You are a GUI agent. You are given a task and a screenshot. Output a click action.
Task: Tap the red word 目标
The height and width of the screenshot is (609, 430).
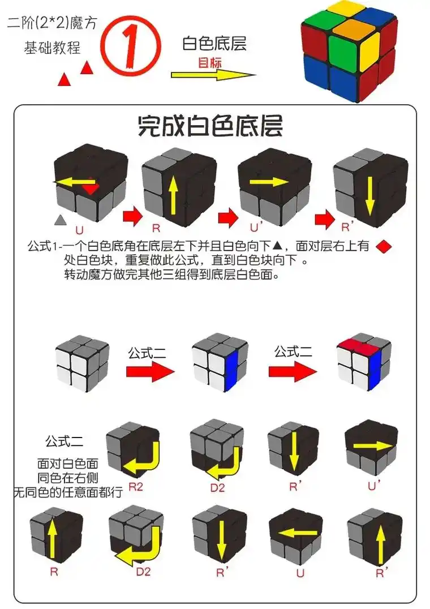pos(209,63)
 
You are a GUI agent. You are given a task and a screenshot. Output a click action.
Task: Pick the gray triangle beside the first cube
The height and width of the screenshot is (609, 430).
pos(60,219)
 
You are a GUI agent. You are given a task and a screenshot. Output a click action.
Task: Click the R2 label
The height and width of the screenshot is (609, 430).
pos(136,486)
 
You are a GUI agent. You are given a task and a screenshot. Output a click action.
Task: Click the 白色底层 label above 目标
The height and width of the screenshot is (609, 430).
pos(214,44)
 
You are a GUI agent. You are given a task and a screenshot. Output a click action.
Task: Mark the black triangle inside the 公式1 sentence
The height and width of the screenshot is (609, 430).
pos(277,246)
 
